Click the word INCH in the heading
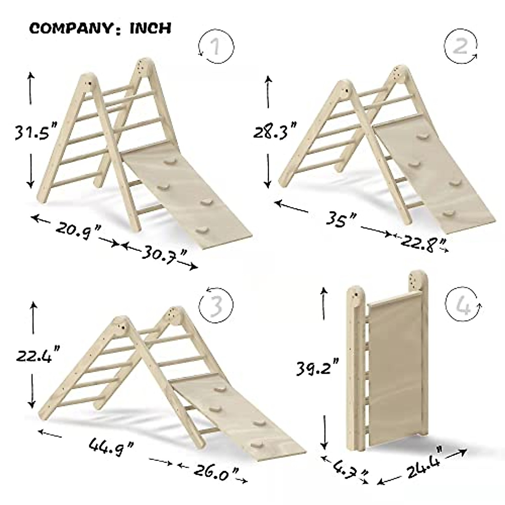pyautogui.click(x=150, y=28)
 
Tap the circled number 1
pyautogui.click(x=215, y=47)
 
